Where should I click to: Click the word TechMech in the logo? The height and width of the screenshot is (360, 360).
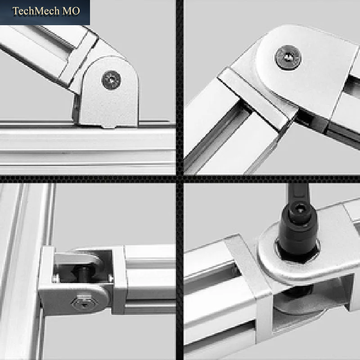[x=36, y=11]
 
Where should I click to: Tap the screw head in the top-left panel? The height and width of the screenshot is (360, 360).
[x=111, y=80]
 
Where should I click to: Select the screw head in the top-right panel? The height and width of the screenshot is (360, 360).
[x=288, y=58]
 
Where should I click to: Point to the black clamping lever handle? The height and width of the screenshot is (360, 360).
[x=298, y=195]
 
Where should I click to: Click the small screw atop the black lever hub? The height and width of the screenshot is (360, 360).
[x=300, y=209]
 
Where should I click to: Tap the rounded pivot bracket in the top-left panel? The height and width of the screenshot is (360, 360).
[x=108, y=92]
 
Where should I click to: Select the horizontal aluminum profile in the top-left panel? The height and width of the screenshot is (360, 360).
[x=88, y=147]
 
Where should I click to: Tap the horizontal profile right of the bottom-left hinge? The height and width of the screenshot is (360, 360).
[x=150, y=279]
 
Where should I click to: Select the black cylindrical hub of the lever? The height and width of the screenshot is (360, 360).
[x=298, y=232]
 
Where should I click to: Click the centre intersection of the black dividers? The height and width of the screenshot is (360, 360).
[x=180, y=179]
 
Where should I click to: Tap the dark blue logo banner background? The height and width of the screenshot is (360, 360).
[x=45, y=13]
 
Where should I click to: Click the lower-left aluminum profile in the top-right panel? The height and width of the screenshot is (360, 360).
[x=229, y=129]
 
